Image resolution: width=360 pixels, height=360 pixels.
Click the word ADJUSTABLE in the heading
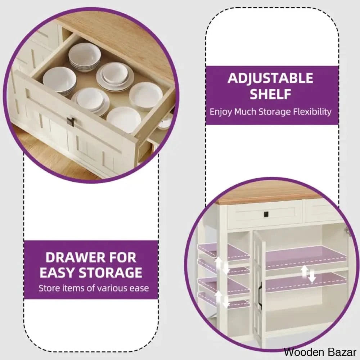point(270,78)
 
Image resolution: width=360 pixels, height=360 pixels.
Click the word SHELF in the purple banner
point(270,94)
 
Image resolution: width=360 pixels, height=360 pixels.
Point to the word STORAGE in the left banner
point(110,273)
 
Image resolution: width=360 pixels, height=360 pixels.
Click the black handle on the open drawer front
point(70,121)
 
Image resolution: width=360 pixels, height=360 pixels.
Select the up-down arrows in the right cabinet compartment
point(308,274)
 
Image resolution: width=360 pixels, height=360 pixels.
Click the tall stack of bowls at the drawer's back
point(85,57)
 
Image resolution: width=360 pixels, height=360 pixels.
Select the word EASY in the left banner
point(57,273)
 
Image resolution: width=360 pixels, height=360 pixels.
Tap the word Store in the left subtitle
point(47,288)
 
